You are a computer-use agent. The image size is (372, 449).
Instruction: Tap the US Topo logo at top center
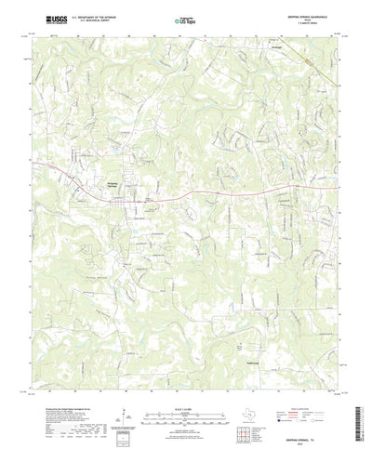[x=185, y=19]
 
